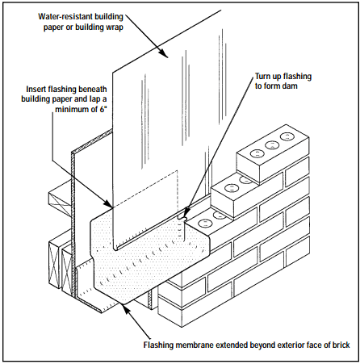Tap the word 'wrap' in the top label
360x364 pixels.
pyautogui.click(x=113, y=27)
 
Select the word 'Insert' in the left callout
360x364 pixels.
pyautogui.click(x=36, y=89)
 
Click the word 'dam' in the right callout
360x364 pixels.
pyautogui.click(x=290, y=86)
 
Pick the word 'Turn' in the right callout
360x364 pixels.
pyautogui.click(x=264, y=77)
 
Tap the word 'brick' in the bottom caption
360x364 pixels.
pyautogui.click(x=341, y=345)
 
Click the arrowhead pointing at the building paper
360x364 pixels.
pyautogui.click(x=164, y=53)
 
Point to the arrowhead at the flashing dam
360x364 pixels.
pyautogui.click(x=186, y=213)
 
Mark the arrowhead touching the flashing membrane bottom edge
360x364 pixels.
pyautogui.click(x=126, y=309)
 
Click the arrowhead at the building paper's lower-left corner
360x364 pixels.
pyautogui.click(x=109, y=204)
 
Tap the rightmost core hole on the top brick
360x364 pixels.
pyautogui.click(x=286, y=136)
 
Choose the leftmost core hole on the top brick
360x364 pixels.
pyautogui.click(x=256, y=154)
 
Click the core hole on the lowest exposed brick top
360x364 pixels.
pyautogui.click(x=204, y=224)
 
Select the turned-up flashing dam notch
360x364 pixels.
pyautogui.click(x=182, y=217)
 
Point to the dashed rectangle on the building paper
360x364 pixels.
pyautogui.click(x=145, y=190)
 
